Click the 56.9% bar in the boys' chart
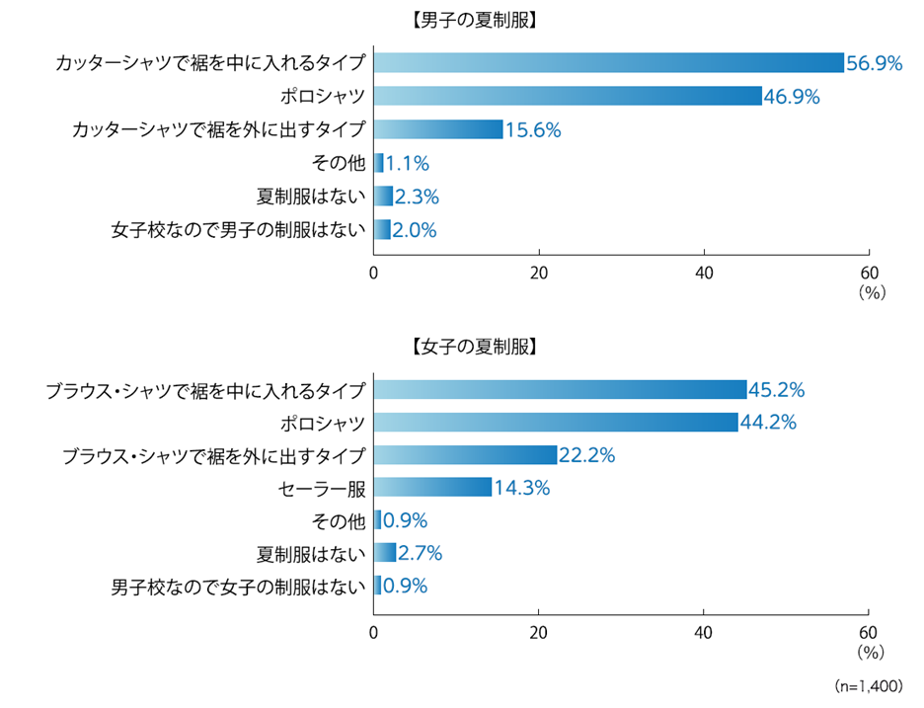click(x=609, y=63)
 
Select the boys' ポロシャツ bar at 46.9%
click(x=568, y=96)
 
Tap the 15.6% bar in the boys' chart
click(x=438, y=129)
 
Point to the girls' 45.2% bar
click(x=561, y=390)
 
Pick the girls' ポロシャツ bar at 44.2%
click(x=557, y=423)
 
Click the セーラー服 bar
click(x=432, y=487)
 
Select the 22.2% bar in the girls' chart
click(x=465, y=454)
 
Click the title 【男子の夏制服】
click(x=473, y=19)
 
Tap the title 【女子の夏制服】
click(x=473, y=347)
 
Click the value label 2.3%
click(x=418, y=197)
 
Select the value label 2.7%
click(x=420, y=552)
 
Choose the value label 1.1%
click(x=408, y=163)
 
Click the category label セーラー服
click(x=323, y=487)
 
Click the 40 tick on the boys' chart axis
click(x=704, y=274)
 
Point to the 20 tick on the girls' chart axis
click(x=539, y=632)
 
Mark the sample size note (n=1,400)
click(x=868, y=685)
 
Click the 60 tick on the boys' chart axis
click(x=868, y=274)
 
